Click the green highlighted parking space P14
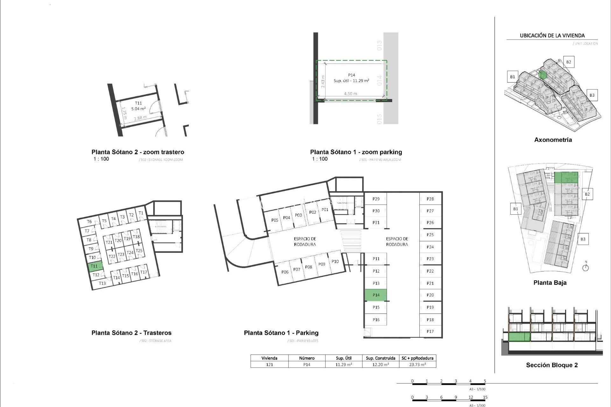(x=376, y=295)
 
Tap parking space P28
(x=430, y=199)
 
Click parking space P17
(x=430, y=331)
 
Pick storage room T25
(x=139, y=251)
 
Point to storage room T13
(x=102, y=283)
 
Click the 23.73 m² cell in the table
(x=418, y=365)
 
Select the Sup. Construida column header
(x=381, y=358)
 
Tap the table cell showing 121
(x=269, y=365)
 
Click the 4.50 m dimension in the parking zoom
(x=350, y=94)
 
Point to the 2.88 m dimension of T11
(x=140, y=118)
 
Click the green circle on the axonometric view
(x=543, y=75)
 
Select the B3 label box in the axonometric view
(x=592, y=95)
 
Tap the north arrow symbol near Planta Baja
(x=586, y=267)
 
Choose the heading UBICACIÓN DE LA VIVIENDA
(x=552, y=36)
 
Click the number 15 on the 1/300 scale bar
(x=485, y=397)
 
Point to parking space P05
(x=275, y=220)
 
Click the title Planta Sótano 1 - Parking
(x=281, y=333)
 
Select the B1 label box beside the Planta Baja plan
(x=516, y=209)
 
